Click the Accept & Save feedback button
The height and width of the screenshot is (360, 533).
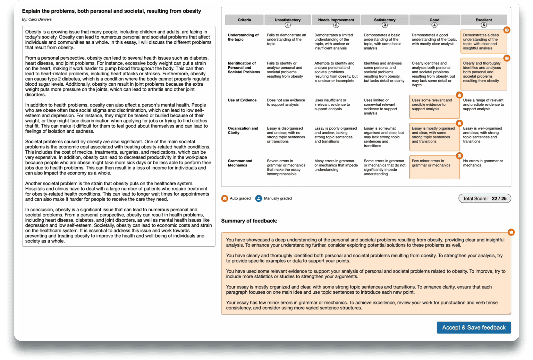(474, 327)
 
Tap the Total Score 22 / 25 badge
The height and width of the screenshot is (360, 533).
(484, 198)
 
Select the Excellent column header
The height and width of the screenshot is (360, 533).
(483, 20)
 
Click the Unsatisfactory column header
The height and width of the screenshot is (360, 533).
(287, 20)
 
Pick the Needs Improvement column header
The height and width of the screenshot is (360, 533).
(336, 20)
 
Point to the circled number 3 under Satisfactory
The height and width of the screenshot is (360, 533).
(384, 25)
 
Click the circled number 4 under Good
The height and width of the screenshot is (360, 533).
(434, 25)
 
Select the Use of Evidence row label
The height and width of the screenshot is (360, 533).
(242, 100)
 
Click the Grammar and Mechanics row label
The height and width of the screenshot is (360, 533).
(240, 163)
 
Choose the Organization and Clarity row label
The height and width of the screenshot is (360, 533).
(243, 130)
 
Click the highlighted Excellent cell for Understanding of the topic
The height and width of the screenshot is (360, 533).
(483, 42)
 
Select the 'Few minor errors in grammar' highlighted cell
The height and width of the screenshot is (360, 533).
(434, 167)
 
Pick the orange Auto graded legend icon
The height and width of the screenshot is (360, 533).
(225, 198)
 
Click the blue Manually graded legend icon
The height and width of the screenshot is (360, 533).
(259, 198)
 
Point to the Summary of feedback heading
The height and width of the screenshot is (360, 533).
(249, 221)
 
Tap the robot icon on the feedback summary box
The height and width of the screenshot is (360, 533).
(511, 232)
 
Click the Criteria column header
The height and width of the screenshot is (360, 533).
(244, 20)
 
